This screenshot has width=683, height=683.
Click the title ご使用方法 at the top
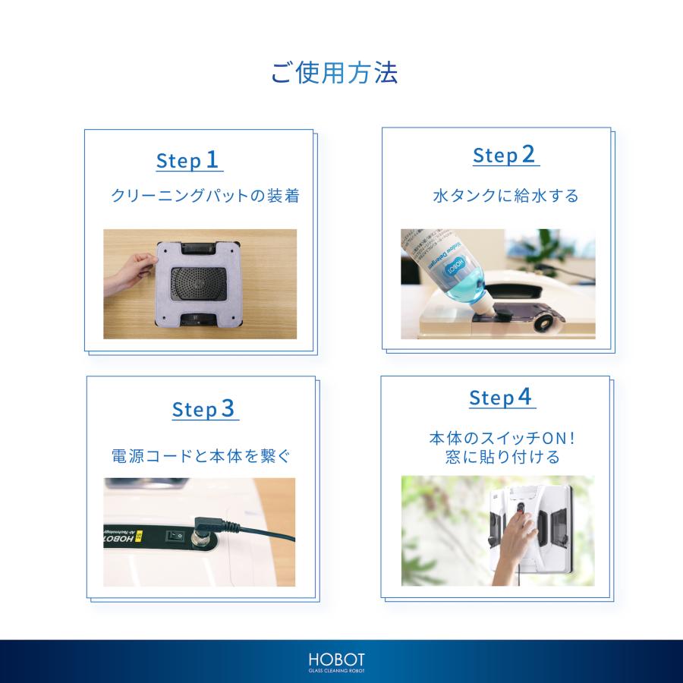pyautogui.click(x=335, y=73)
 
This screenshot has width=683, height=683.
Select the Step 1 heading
pyautogui.click(x=188, y=160)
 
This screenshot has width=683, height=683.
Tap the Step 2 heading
pyautogui.click(x=505, y=156)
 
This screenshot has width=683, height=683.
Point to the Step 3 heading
pyautogui.click(x=205, y=409)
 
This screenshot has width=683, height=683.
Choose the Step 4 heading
pyautogui.click(x=502, y=398)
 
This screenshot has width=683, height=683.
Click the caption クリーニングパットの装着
pyautogui.click(x=206, y=197)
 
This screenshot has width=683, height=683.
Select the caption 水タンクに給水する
pyautogui.click(x=505, y=196)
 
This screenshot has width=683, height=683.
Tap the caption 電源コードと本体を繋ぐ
pyautogui.click(x=200, y=457)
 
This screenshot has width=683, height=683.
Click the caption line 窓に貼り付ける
pyautogui.click(x=502, y=458)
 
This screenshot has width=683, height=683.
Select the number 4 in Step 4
pyautogui.click(x=524, y=396)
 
